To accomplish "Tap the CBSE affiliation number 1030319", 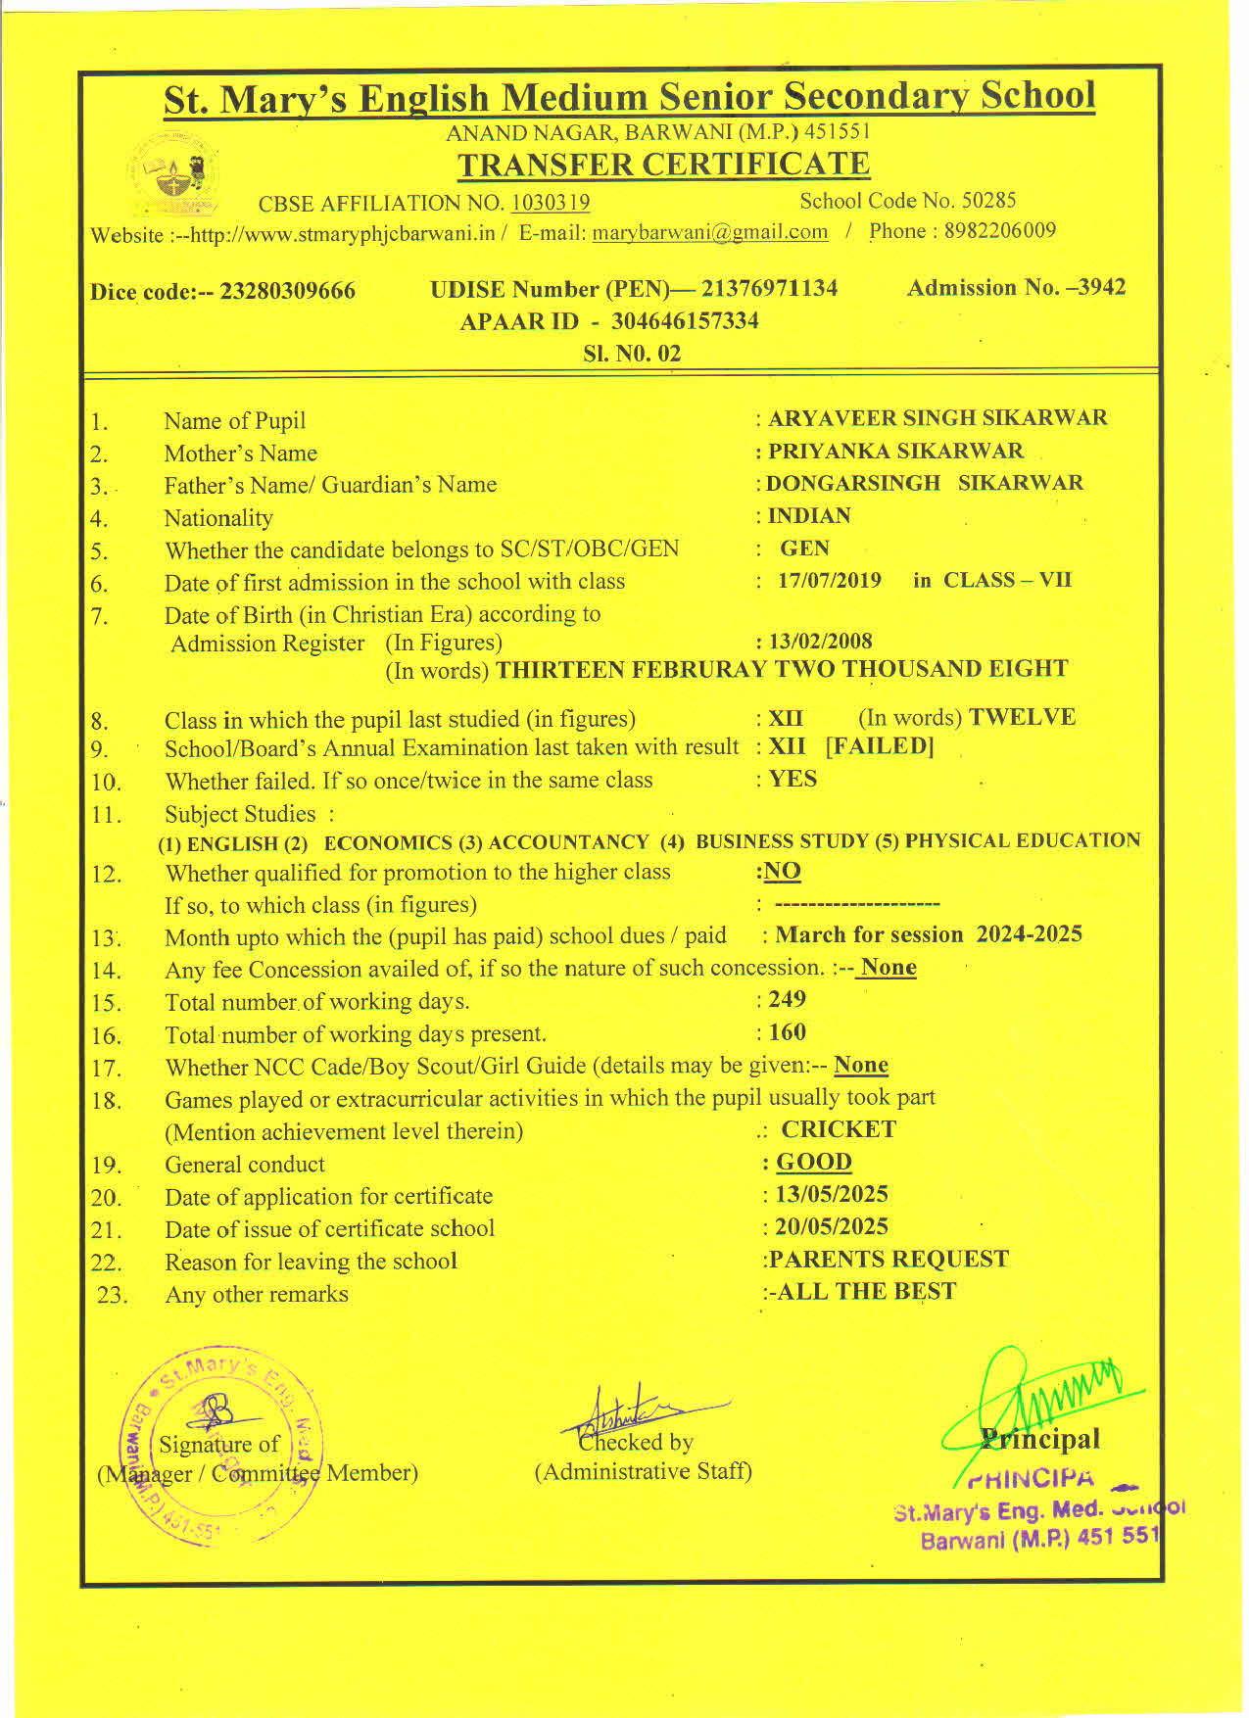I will [x=550, y=203].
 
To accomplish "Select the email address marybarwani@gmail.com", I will [x=709, y=232].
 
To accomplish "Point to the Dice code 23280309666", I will [x=287, y=291].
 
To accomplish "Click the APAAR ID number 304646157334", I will [x=685, y=321].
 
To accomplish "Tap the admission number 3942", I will [x=1102, y=287].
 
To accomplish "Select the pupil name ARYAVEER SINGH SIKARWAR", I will [x=937, y=418].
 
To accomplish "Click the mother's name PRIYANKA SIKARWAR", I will [x=895, y=451].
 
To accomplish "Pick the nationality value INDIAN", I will [x=809, y=515].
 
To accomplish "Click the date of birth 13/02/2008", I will [x=820, y=642].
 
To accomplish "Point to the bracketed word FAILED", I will [x=880, y=746].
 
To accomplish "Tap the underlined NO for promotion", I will [x=782, y=871].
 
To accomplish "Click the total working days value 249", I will [x=787, y=999].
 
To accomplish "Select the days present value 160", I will [x=787, y=1031].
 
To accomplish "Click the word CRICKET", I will [x=839, y=1129].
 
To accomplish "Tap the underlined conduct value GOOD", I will [x=813, y=1162].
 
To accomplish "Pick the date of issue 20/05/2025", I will [x=831, y=1226].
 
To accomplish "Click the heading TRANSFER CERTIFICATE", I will [x=663, y=165].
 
